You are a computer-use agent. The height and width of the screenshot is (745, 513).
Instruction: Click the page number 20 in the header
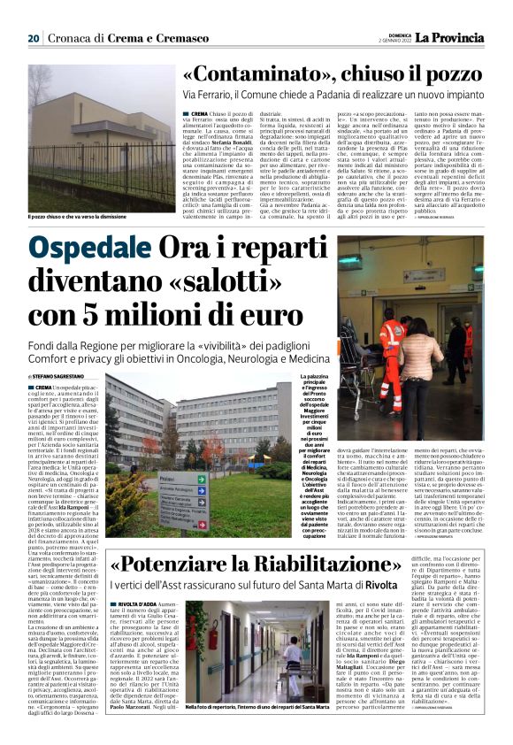[33, 38]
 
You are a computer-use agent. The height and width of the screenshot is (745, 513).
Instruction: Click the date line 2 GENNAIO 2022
[385, 42]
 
